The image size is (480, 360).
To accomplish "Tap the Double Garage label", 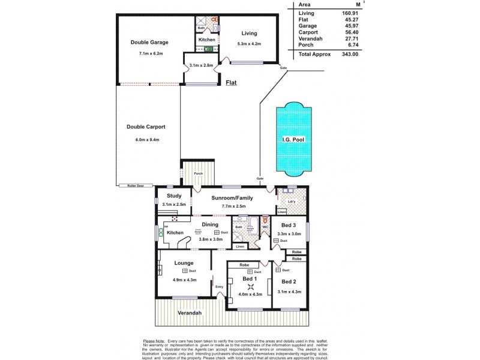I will (x=149, y=43).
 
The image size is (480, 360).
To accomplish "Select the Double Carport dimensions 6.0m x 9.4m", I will (x=146, y=139).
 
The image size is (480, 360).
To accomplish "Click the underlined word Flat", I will (x=230, y=83).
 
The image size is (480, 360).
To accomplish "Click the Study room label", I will (x=174, y=196).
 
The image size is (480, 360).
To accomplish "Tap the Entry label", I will (x=219, y=287).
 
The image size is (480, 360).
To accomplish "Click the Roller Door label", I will (x=127, y=185).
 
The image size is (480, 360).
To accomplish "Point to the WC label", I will (x=265, y=227).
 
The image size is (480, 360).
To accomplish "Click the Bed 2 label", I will (x=289, y=281).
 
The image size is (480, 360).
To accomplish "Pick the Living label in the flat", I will (x=249, y=33).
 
